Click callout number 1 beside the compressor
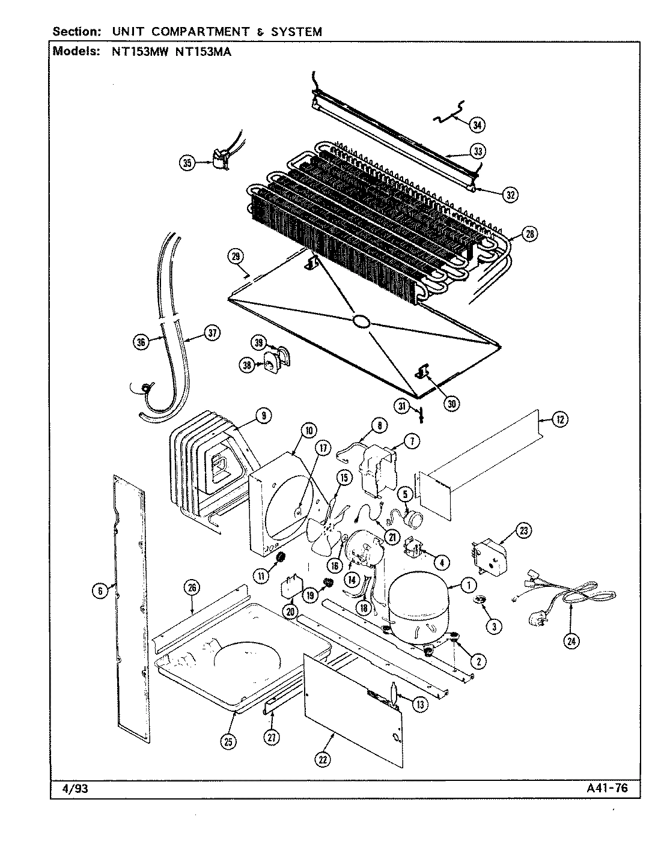point(468,584)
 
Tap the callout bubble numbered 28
point(529,234)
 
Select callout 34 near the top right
point(477,125)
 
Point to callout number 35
point(187,163)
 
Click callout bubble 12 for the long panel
point(559,420)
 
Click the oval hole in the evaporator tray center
point(361,322)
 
